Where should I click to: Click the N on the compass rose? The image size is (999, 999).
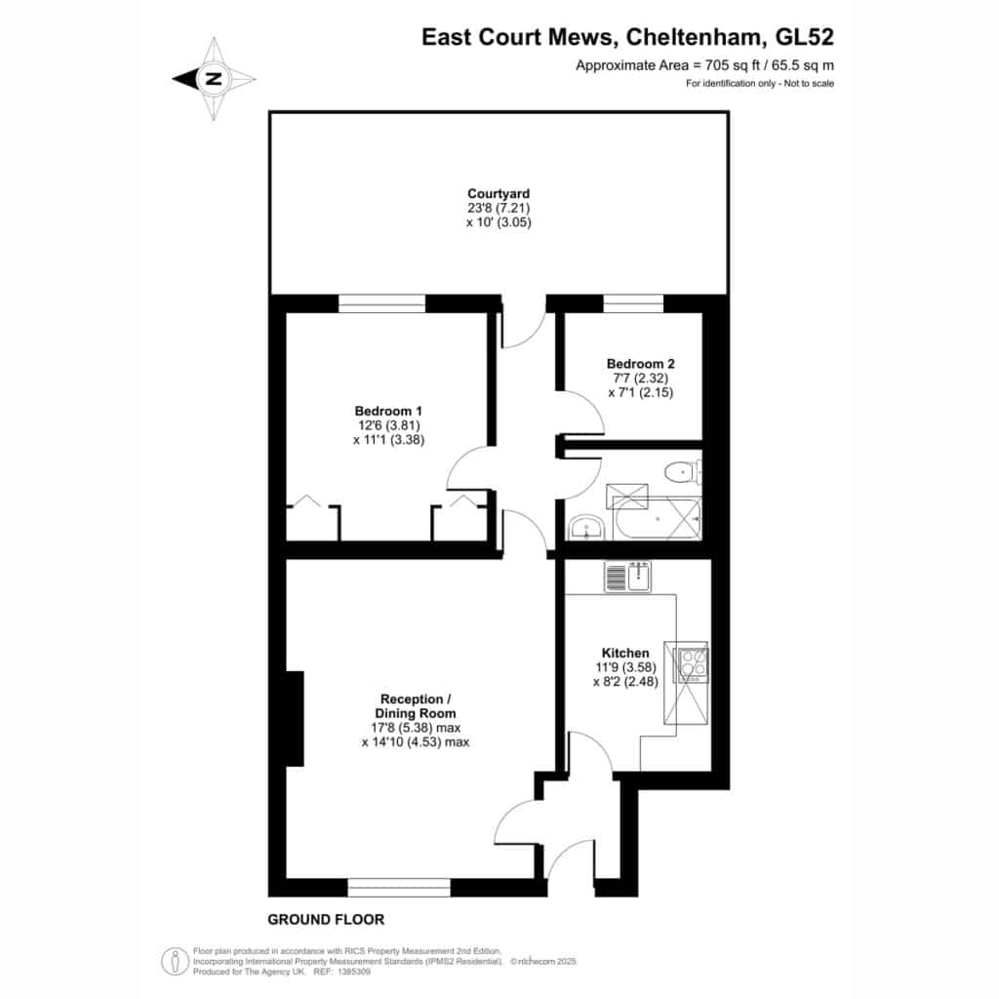click(x=214, y=79)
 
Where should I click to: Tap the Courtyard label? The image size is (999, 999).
click(x=499, y=194)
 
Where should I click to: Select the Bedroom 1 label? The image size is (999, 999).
click(x=388, y=411)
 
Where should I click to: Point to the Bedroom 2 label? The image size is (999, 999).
click(x=640, y=364)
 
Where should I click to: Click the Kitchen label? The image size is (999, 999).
click(x=625, y=653)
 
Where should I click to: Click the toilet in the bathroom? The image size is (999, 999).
click(x=682, y=472)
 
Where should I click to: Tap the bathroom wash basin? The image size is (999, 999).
click(x=586, y=528)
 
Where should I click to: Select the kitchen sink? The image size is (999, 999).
click(x=627, y=577)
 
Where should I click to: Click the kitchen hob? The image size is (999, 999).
click(x=693, y=663)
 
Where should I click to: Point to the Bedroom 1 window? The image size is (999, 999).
click(x=381, y=303)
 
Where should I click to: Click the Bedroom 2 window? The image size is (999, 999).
click(x=633, y=303)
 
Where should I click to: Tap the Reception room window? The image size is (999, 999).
click(x=399, y=887)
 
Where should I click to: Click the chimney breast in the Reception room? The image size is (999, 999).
click(x=295, y=718)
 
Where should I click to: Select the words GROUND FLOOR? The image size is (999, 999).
click(x=326, y=919)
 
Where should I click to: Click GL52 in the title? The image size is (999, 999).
click(x=804, y=37)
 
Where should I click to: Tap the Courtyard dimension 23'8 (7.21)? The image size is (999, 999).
click(x=499, y=208)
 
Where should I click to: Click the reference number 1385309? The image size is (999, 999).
click(x=353, y=972)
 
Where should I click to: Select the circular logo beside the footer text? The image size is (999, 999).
click(x=175, y=961)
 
